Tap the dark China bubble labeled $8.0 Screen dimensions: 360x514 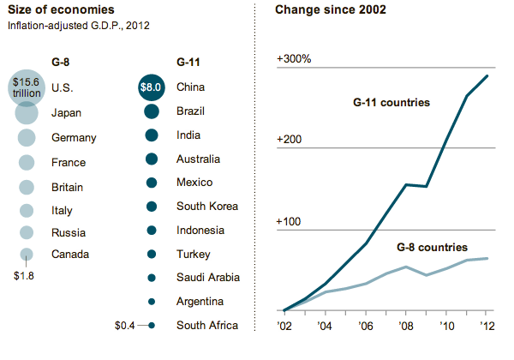(x=152, y=87)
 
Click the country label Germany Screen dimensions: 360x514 (x=74, y=137)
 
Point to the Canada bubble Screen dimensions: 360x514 (x=27, y=254)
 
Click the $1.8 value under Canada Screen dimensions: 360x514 (x=27, y=275)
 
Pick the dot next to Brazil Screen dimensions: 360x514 (x=152, y=111)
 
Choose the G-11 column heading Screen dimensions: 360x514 (x=191, y=62)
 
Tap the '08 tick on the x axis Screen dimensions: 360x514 (x=407, y=325)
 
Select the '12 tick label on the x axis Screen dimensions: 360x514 (x=486, y=325)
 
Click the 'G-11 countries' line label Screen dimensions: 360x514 (x=391, y=103)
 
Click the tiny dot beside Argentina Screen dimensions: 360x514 (x=152, y=302)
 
